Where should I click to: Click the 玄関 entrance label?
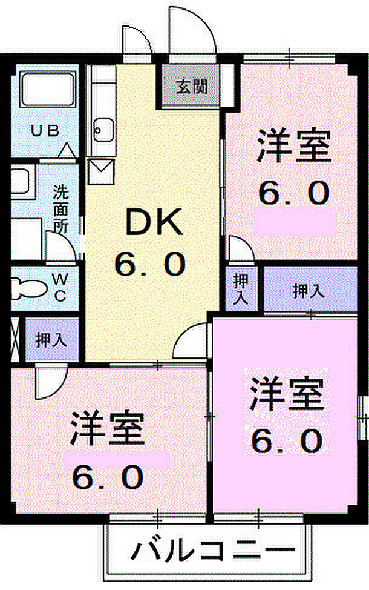click(191, 88)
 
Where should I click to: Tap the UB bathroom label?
click(45, 131)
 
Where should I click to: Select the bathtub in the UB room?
click(47, 90)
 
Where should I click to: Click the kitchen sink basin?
click(103, 130)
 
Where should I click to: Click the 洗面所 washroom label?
click(60, 209)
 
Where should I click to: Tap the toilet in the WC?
click(28, 288)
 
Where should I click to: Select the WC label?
click(60, 288)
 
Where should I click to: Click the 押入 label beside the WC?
click(51, 340)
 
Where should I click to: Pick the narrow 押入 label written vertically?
click(241, 288)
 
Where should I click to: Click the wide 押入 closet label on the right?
click(309, 291)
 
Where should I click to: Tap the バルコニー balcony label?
click(212, 551)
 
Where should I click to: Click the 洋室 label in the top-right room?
click(294, 146)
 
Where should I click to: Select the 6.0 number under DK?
click(150, 264)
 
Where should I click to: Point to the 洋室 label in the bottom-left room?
click(108, 429)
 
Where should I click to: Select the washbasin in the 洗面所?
click(23, 182)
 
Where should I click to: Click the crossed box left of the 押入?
click(15, 340)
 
